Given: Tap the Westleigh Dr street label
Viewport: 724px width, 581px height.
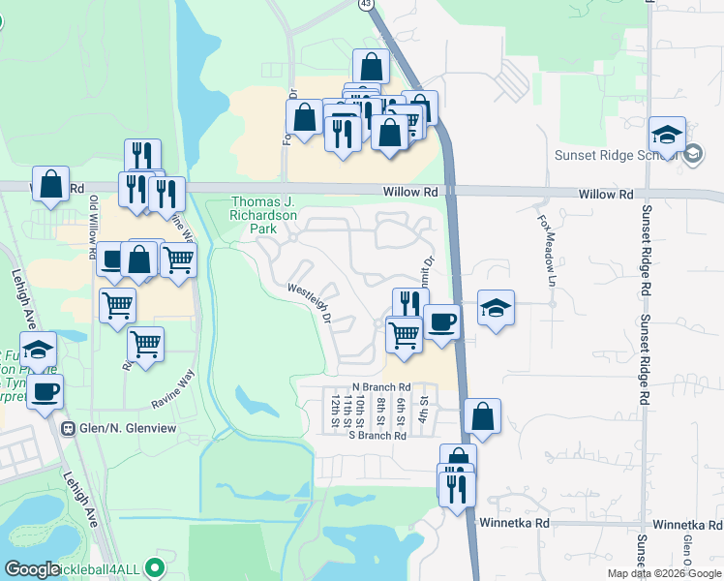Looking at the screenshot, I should point(311,302).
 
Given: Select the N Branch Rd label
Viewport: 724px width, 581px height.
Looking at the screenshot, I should point(381,386).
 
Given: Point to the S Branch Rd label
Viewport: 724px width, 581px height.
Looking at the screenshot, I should point(377,436).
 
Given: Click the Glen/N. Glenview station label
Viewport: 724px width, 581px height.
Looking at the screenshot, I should point(125,429).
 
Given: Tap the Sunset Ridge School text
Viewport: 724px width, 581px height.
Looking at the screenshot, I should point(614,154).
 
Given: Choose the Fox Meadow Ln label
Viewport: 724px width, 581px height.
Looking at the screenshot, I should point(547,248).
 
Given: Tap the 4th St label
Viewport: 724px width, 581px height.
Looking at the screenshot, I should point(423,408).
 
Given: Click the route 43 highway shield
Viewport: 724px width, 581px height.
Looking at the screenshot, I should point(365,5).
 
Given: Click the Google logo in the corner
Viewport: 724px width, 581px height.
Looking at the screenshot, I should point(32,569).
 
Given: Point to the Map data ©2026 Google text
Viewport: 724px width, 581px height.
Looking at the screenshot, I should point(664,573).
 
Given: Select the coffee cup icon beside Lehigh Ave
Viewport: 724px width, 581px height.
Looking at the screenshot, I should point(45,392).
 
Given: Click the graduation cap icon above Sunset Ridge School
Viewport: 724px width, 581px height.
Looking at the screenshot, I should point(667,134).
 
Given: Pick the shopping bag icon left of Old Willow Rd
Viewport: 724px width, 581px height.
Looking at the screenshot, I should point(50,183).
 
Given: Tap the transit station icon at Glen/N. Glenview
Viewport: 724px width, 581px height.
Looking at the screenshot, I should point(68,429).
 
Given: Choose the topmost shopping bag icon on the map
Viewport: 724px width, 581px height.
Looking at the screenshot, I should point(371,67).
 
